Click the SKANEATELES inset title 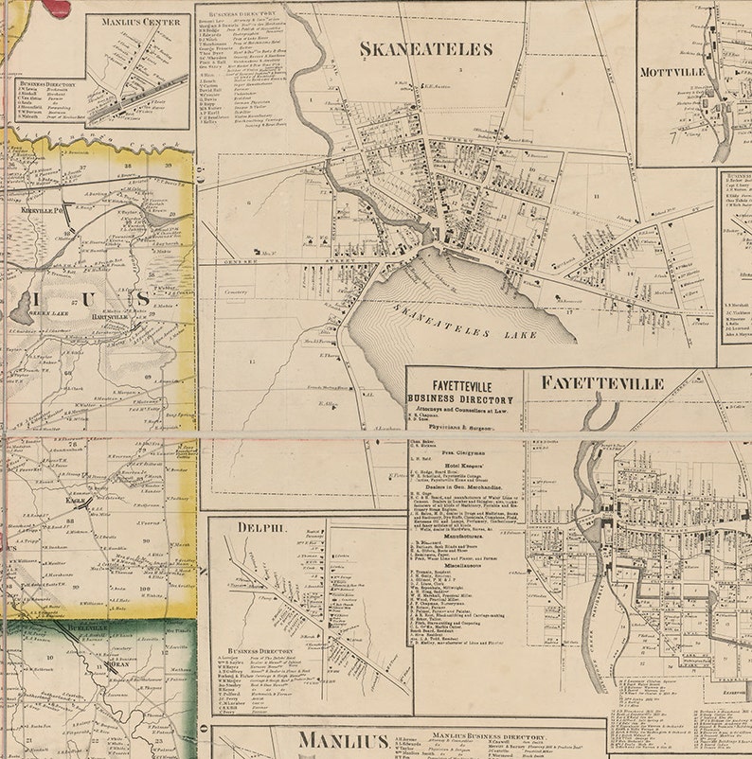click(425, 49)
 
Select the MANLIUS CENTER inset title click(136, 22)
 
